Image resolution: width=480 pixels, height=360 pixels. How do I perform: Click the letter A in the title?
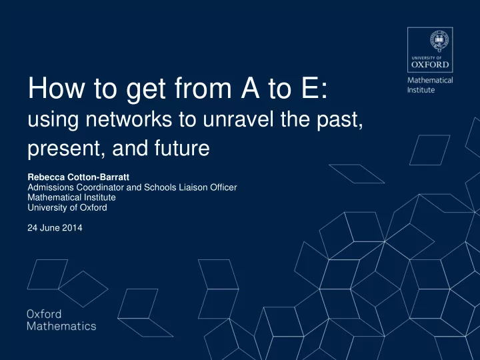pos(250,88)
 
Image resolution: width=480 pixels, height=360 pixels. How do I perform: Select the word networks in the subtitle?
pos(129,119)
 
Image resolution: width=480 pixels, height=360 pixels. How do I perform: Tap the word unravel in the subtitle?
pos(238,119)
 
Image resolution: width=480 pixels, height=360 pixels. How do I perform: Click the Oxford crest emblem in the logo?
pos(439,41)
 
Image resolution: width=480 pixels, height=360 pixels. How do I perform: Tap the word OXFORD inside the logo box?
pos(430,65)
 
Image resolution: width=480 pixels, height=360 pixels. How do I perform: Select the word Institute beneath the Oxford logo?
pos(421,90)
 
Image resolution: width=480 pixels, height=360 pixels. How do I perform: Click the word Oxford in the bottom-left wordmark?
pos(44,314)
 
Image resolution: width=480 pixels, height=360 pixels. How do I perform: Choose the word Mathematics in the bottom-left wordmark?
pos(61,326)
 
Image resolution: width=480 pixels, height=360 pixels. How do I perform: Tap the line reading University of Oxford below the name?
pos(67,207)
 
